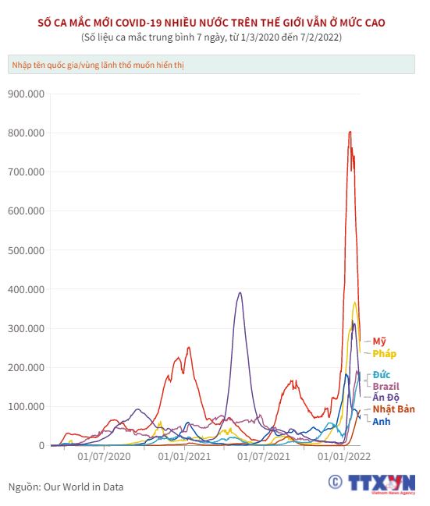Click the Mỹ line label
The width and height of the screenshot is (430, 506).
click(379, 341)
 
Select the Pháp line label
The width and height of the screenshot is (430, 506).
click(384, 354)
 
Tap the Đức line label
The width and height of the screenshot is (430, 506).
click(381, 375)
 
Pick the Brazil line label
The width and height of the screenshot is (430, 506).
click(386, 386)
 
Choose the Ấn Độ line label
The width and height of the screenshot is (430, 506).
click(386, 397)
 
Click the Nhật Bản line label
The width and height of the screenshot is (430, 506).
click(393, 409)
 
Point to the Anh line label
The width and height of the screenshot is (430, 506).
click(381, 422)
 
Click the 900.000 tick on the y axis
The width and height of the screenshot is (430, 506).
click(27, 94)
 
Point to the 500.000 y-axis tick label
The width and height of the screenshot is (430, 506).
click(27, 250)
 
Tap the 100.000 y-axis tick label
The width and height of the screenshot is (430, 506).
click(27, 407)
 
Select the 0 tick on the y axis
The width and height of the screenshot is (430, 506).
click(41, 446)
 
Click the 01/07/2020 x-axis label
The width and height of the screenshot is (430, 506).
click(104, 457)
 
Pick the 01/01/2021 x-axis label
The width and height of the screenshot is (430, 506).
click(184, 457)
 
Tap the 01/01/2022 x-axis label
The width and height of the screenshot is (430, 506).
click(344, 457)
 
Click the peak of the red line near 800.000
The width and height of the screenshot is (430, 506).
click(350, 132)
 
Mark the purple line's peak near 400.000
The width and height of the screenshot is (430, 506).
click(240, 292)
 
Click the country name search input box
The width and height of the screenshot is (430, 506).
click(211, 65)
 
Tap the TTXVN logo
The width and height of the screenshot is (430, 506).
click(371, 484)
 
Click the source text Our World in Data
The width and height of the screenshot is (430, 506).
click(84, 487)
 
